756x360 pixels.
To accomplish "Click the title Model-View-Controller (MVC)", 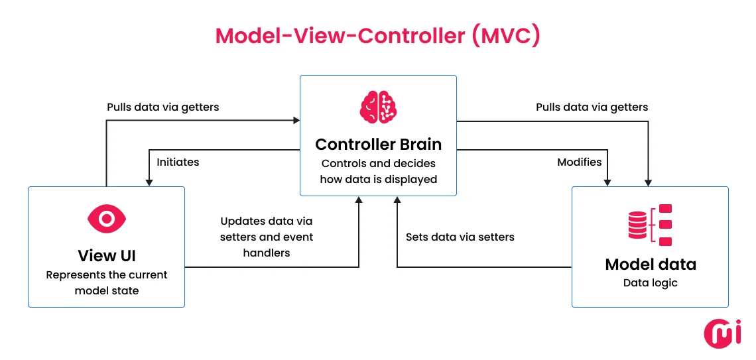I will click(378, 36).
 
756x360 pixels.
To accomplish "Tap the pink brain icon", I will click(378, 107).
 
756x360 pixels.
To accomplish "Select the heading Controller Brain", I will click(378, 144).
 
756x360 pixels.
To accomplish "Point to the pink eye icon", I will click(106, 218).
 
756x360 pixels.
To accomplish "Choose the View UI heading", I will click(106, 255).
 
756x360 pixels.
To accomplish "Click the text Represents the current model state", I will click(106, 282).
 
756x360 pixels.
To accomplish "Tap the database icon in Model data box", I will click(637, 225).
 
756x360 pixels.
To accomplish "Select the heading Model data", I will click(650, 265).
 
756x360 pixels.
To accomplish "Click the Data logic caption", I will click(650, 283).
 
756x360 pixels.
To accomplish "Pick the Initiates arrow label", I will click(178, 162).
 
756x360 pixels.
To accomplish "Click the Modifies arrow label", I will click(579, 162).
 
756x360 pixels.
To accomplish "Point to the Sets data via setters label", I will click(460, 237).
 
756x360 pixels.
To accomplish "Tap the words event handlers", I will click(267, 245).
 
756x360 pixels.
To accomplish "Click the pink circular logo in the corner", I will click(722, 333).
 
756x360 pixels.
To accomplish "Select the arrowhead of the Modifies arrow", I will click(607, 182).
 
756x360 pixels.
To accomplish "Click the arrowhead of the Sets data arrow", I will click(397, 200).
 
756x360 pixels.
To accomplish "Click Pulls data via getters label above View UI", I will click(163, 107).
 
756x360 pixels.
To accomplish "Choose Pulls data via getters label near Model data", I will click(592, 107).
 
